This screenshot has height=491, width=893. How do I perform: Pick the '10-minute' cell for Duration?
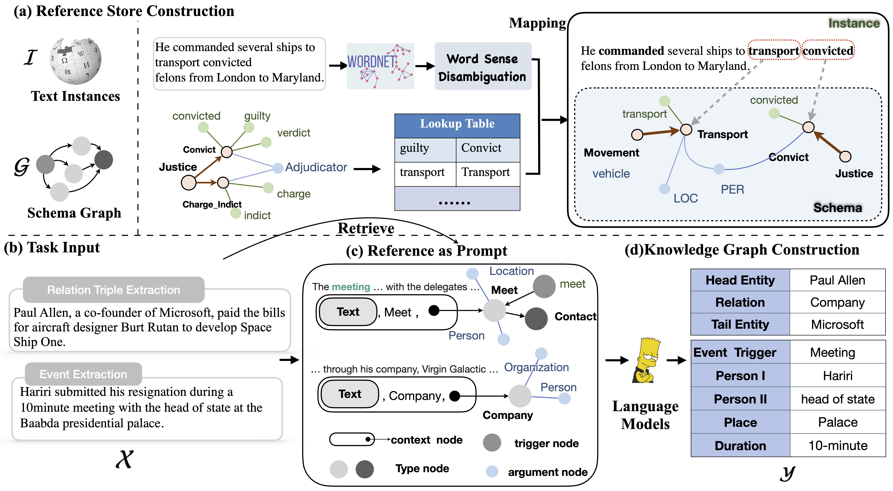tap(837, 446)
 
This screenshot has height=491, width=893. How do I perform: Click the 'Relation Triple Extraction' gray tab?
tap(114, 290)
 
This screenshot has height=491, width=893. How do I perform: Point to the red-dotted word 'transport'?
tap(773, 51)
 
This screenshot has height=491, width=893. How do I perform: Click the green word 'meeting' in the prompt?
tap(351, 287)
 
